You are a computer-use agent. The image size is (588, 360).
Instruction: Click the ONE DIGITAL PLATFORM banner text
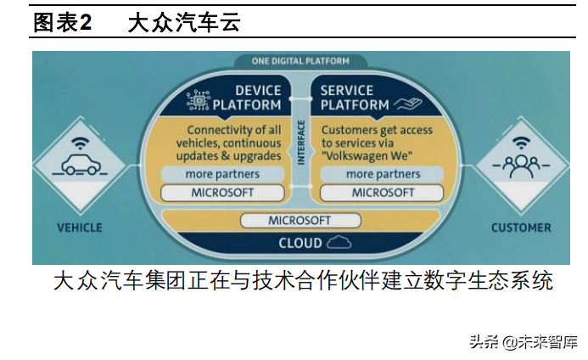(x=300, y=61)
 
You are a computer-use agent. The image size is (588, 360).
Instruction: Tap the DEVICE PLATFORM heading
(x=246, y=97)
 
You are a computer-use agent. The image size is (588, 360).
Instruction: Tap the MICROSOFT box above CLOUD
(x=299, y=221)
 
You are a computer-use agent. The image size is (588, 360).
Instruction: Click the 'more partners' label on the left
(x=221, y=174)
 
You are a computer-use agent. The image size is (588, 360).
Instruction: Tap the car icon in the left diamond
(x=80, y=167)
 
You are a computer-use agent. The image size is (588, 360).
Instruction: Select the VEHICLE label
(x=79, y=228)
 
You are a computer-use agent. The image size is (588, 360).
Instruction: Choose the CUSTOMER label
(x=521, y=228)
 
